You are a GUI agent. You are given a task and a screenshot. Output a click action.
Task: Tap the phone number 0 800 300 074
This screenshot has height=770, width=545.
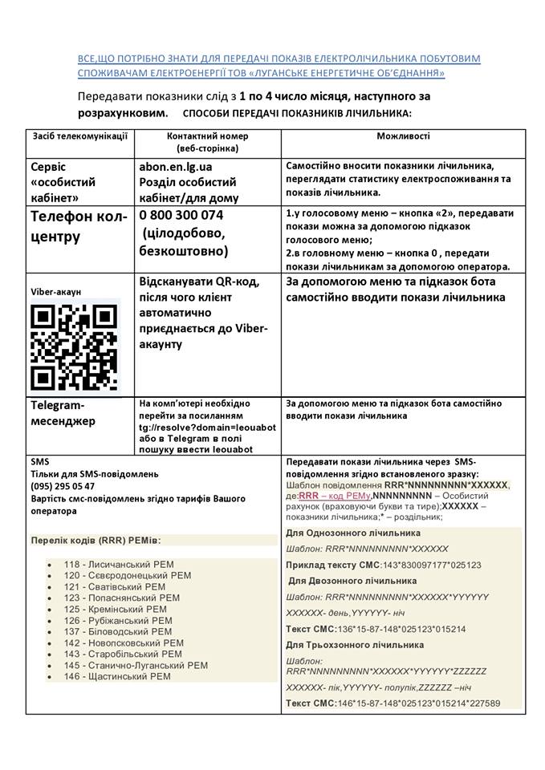[181, 216]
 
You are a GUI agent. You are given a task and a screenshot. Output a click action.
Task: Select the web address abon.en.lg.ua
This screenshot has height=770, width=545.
[176, 167]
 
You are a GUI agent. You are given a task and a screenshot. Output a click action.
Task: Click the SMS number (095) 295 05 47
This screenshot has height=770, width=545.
[63, 486]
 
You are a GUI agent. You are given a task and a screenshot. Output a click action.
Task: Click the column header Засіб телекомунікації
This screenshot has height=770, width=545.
[80, 136]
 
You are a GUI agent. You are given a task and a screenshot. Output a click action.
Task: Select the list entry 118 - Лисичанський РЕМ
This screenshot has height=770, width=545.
[119, 565]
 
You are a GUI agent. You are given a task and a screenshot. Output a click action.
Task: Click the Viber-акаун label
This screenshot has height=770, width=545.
[56, 291]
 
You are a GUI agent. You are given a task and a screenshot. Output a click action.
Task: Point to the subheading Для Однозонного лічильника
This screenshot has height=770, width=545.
[353, 533]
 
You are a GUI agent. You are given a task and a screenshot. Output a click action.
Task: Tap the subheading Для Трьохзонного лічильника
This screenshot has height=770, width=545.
[355, 645]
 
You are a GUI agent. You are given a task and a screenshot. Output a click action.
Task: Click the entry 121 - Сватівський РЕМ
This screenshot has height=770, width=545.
[116, 587]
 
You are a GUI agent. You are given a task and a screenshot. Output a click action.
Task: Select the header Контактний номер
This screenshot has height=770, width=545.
[207, 136]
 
